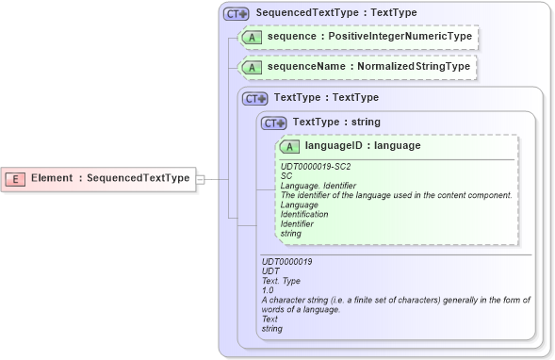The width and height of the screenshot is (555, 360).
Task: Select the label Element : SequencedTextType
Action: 109,177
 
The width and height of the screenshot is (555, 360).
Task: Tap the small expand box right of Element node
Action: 199,178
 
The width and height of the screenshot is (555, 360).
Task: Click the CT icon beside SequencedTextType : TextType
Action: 235,14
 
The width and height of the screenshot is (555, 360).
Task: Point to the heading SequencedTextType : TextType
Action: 322,14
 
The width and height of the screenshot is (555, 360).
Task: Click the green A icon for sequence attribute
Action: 253,37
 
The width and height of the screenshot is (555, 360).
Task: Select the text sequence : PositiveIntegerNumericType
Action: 369,37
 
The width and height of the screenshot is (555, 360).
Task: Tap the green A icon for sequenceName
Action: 253,67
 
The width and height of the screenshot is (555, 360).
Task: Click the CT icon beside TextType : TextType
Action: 255,98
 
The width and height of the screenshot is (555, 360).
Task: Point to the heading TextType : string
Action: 336,122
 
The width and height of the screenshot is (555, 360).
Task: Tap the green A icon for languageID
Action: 290,146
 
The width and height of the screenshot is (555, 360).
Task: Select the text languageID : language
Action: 363,146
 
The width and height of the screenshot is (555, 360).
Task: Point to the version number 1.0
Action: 268,290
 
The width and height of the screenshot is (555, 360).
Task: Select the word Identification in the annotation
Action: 304,214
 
